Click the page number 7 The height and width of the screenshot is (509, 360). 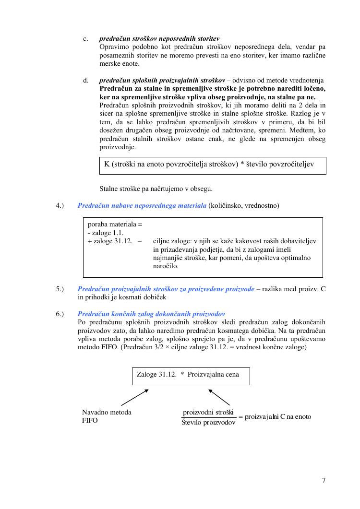(x=324, y=480)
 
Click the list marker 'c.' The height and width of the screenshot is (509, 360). (x=85, y=38)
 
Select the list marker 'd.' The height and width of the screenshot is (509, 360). (x=85, y=80)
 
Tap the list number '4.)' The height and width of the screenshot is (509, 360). (x=60, y=206)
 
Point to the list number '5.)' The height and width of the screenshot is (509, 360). (x=60, y=289)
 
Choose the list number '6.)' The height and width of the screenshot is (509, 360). (x=60, y=314)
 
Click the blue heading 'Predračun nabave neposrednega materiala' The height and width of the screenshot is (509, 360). (x=142, y=206)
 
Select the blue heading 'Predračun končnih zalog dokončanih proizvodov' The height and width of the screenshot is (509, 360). (x=151, y=314)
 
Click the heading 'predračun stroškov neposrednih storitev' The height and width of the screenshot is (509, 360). (x=159, y=38)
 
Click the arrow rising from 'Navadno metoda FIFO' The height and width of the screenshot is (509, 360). (x=135, y=397)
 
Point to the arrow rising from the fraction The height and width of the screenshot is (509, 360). (x=219, y=397)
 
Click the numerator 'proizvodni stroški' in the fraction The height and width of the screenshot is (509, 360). (x=208, y=413)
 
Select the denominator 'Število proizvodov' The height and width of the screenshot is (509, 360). (x=208, y=423)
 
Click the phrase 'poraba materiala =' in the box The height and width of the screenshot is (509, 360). (x=115, y=224)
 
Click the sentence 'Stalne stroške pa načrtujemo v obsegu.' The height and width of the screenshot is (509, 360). (x=156, y=189)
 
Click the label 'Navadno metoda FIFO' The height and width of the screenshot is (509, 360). (x=107, y=416)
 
